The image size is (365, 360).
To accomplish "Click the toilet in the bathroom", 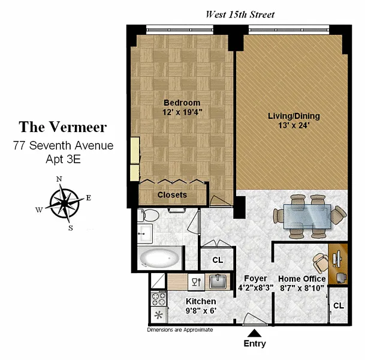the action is [x=148, y=215].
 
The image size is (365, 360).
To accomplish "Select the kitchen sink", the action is [x=218, y=281].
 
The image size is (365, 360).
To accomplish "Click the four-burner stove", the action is [x=159, y=298].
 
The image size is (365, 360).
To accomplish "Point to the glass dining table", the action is [x=307, y=217].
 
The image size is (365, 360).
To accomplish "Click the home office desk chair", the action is [x=321, y=263].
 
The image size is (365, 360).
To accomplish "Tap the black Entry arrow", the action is [x=255, y=333].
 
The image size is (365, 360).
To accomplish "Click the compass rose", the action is [x=65, y=203].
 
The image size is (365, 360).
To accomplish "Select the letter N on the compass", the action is [x=59, y=179].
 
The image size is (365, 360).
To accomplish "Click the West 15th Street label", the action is [x=240, y=14].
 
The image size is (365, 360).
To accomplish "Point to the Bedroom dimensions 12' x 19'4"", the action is [x=182, y=112].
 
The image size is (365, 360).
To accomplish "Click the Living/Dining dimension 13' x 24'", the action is [x=294, y=125].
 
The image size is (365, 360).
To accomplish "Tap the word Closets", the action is [x=172, y=195].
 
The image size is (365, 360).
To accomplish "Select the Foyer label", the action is [x=255, y=278].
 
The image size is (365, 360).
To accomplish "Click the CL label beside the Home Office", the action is [x=339, y=305].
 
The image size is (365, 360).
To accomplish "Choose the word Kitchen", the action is [x=201, y=301].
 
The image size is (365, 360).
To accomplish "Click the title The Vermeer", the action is [x=63, y=127].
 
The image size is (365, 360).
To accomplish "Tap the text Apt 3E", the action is [x=64, y=160].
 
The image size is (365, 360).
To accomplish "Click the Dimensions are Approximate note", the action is [x=180, y=330].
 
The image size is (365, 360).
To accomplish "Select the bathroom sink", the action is [x=145, y=233].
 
